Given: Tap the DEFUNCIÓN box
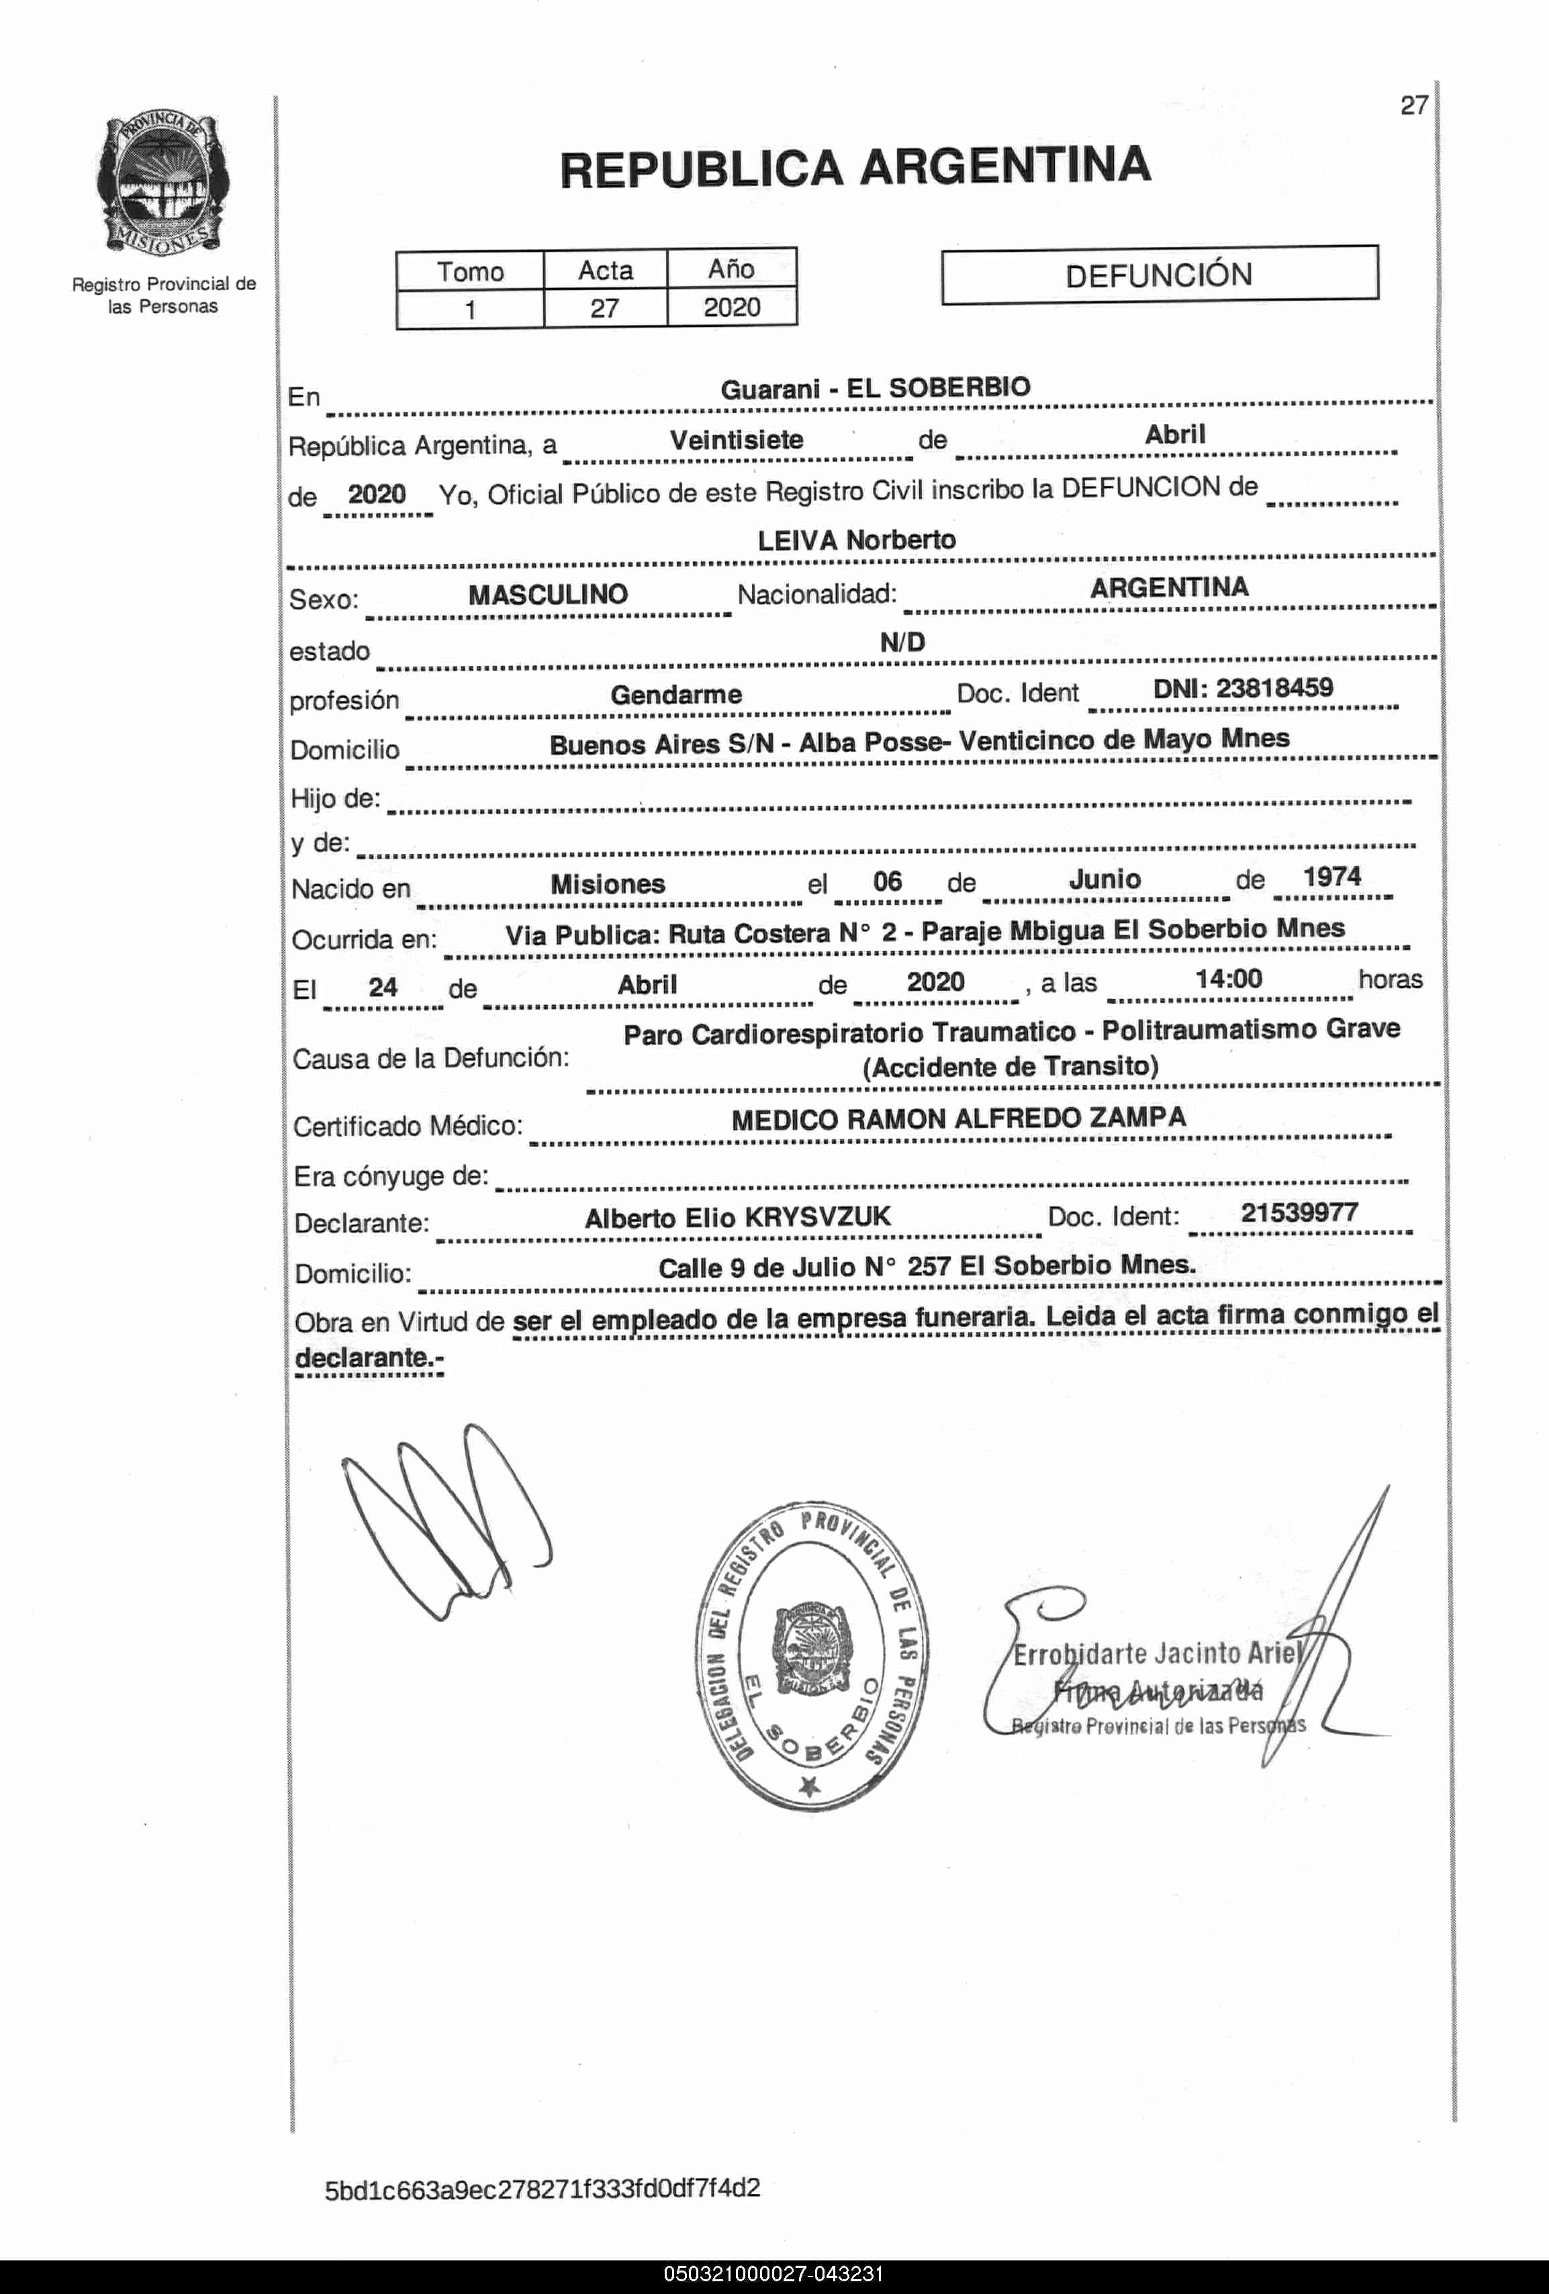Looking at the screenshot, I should pos(1159,275).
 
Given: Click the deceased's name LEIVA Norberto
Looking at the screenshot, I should pos(856,540).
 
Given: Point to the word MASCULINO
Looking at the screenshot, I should pos(548,594).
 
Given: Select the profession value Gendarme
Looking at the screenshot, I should pos(676,695).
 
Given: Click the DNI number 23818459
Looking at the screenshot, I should pos(1274,688).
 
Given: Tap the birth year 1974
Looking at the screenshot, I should pos(1332,877).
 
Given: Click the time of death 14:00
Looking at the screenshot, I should pos(1228,979).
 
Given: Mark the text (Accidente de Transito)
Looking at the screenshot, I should pos(1010,1067).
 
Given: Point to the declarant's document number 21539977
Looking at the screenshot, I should pos(1299,1212).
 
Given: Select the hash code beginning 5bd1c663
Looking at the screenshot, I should pos(542,2189).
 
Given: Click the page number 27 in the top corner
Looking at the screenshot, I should pos(1414,105).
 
